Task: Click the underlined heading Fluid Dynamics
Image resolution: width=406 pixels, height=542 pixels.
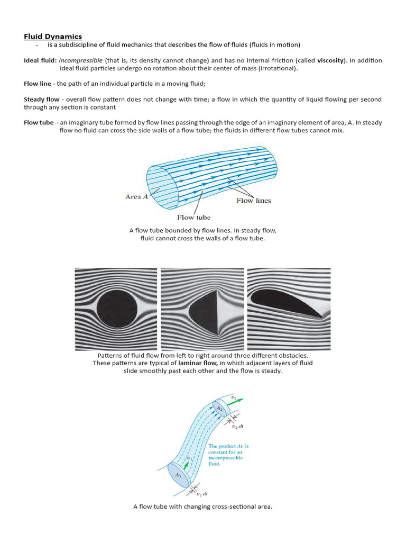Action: [53, 36]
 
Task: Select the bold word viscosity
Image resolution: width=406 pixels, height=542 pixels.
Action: [331, 60]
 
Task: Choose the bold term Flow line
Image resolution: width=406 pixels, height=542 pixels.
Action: [39, 84]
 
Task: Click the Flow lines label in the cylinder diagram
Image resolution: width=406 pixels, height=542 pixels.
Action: [253, 201]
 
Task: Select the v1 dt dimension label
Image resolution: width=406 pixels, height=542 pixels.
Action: [201, 494]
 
